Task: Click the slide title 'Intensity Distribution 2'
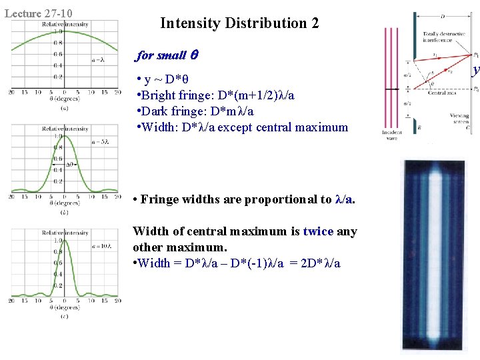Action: click(239, 23)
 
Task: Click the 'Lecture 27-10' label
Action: click(39, 13)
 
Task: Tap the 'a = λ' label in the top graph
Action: click(99, 60)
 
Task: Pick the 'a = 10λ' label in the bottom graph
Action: click(101, 247)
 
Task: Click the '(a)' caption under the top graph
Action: click(63, 108)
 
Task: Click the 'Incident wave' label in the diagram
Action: click(391, 137)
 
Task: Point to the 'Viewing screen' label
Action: click(459, 119)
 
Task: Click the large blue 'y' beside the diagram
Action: click(475, 69)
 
